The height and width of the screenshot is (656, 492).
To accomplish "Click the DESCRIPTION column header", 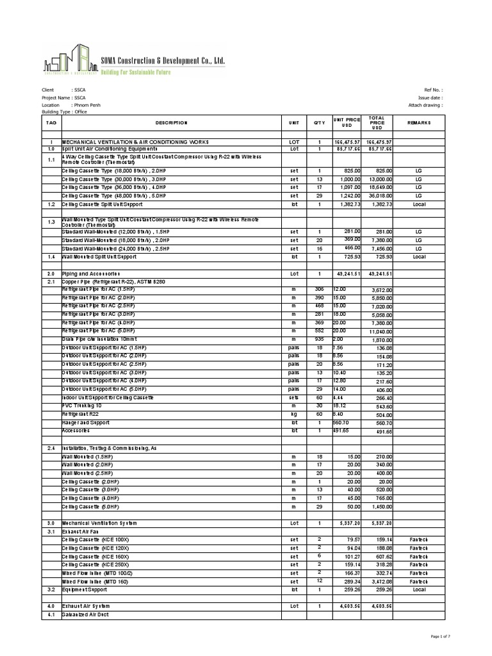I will (x=171, y=122).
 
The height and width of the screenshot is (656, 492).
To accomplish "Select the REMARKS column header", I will (x=419, y=122).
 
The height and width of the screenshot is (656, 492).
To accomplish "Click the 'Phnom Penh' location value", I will (x=87, y=104).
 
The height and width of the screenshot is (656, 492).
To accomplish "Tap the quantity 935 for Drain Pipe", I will (x=319, y=339).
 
